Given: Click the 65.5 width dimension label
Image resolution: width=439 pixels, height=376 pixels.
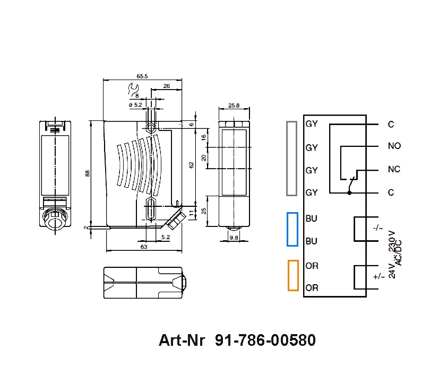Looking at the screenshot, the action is tap(142, 76).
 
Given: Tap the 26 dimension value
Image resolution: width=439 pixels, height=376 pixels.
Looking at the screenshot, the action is tap(167, 86).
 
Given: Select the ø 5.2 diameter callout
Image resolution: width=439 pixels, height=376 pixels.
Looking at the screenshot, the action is tap(135, 105).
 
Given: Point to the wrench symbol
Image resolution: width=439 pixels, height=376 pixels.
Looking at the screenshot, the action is tap(133, 89).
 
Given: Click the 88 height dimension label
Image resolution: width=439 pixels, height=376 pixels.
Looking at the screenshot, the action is tap(88, 173).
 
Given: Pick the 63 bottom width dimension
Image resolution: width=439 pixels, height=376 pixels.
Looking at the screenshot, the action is tap(144, 247).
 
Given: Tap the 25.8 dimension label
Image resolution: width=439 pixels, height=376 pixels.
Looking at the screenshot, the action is tap(234, 106).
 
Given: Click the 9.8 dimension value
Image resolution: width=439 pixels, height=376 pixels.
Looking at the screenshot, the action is tap(234, 238).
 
